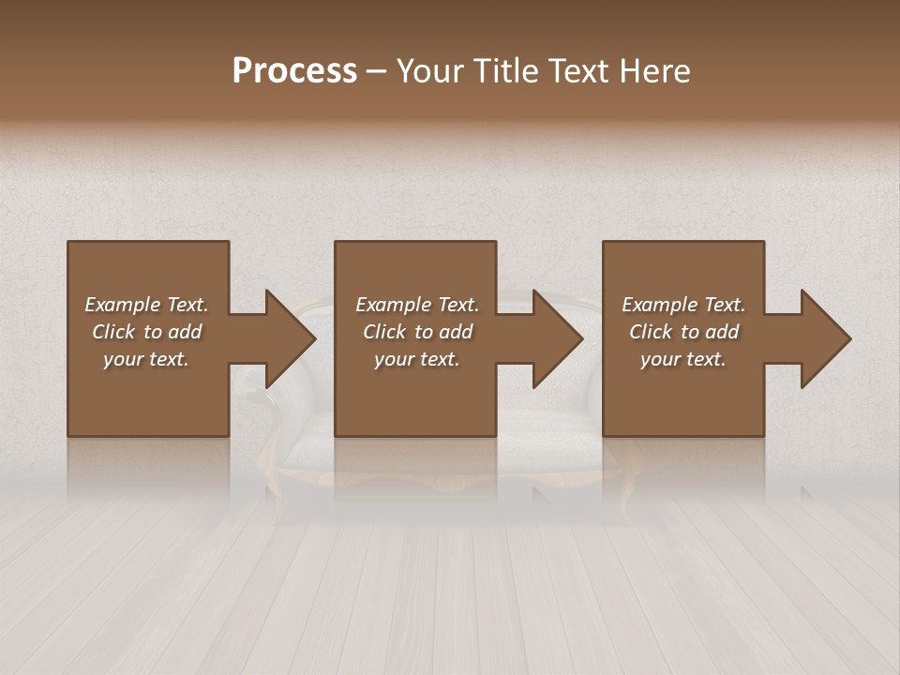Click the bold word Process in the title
point(294,71)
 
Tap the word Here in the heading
point(654,71)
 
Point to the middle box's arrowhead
point(557,338)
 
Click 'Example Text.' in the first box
point(146,305)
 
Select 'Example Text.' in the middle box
point(417,305)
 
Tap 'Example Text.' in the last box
point(683,305)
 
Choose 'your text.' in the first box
point(146,359)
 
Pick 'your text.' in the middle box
point(417,359)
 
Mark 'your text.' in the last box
point(683,359)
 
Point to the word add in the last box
point(723,332)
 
